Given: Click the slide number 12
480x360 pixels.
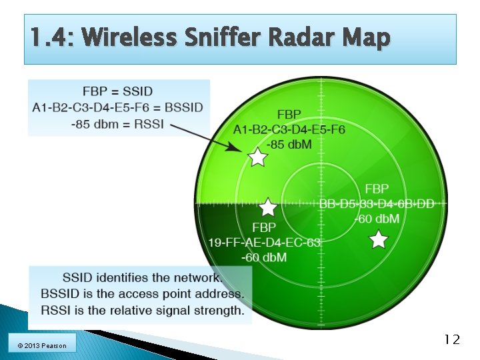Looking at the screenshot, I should pos(451,339).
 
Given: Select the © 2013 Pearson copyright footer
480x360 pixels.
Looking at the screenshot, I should pos(42,345).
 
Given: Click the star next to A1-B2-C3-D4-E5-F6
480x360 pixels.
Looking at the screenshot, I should pos(257,157).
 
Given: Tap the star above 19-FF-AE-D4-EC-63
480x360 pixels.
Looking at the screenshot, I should pos(267,207).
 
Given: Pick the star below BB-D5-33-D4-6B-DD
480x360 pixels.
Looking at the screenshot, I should pos(378,239).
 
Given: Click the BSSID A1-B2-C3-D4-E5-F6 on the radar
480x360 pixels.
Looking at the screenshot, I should pos(289,129).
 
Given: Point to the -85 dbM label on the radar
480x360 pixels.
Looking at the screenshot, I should pos(289,143).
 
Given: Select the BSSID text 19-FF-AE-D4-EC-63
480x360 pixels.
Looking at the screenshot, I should pos(265,242).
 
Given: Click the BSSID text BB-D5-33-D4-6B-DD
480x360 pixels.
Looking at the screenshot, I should pos(377,204).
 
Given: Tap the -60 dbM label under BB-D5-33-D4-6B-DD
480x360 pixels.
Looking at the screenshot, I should pos(377,218).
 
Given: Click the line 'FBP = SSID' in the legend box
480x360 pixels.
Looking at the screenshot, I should pos(117,91).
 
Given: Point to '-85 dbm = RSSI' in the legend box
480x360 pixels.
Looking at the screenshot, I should pos(117,123).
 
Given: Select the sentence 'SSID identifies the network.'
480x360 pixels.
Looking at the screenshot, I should pos(142,277).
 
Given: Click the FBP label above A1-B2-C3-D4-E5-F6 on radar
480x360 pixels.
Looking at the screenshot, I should pos(289,115).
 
